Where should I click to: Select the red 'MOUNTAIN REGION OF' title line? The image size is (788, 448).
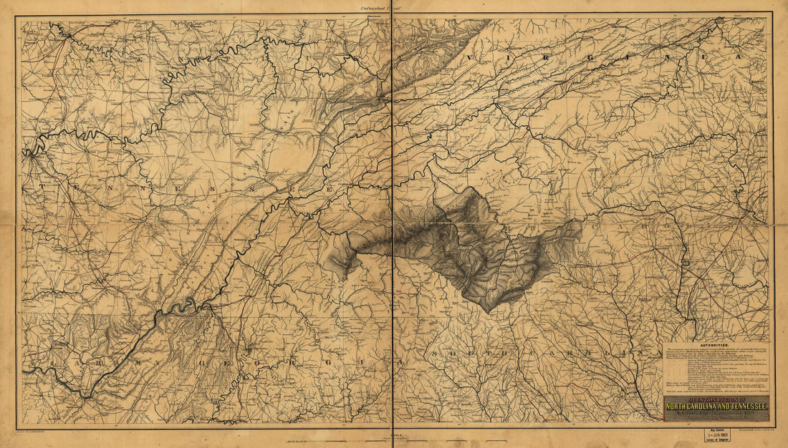tap(716, 399)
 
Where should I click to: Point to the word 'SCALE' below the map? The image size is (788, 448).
tap(388, 434)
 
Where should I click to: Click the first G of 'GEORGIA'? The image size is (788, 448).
tap(249, 354)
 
